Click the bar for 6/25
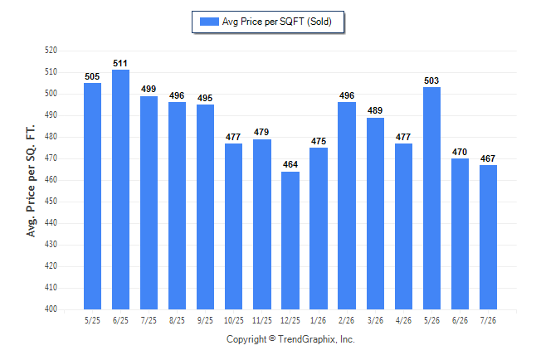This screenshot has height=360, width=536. pyautogui.click(x=120, y=189)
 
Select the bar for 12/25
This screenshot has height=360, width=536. pyautogui.click(x=290, y=241)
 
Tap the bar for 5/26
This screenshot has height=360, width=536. pyautogui.click(x=431, y=198)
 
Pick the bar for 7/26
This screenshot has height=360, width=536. pyautogui.click(x=488, y=237)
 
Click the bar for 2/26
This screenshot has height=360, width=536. pyautogui.click(x=347, y=206)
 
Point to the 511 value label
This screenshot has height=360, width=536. pyautogui.click(x=120, y=63)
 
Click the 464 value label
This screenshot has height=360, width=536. pyautogui.click(x=290, y=164)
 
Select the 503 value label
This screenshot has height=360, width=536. pyautogui.click(x=431, y=80)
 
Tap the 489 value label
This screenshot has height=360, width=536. pyautogui.click(x=375, y=110)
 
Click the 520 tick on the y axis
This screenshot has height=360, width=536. pyautogui.click(x=51, y=51)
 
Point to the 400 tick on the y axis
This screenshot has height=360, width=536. pyautogui.click(x=51, y=309)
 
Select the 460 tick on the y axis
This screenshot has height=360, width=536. pyautogui.click(x=51, y=179)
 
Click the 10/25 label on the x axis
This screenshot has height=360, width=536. pyautogui.click(x=234, y=321)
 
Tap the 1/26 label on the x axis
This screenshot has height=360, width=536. pyautogui.click(x=319, y=321)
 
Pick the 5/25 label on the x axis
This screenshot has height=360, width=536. pyautogui.click(x=92, y=321)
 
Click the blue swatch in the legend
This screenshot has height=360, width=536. pyautogui.click(x=209, y=22)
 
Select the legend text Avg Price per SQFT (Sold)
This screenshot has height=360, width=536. pyautogui.click(x=277, y=22)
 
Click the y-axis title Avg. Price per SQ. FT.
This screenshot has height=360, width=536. pyautogui.click(x=31, y=181)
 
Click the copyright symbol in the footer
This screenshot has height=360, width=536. pyautogui.click(x=272, y=338)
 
